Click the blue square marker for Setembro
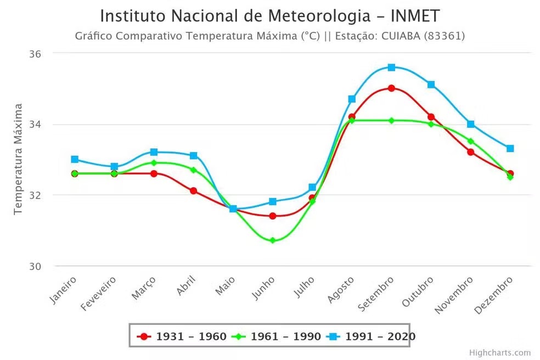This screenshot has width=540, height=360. pyautogui.click(x=391, y=67)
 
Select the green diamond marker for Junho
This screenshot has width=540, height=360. pyautogui.click(x=273, y=240)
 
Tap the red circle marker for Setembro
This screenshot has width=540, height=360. pyautogui.click(x=391, y=88)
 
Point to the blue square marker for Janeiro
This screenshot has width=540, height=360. pyautogui.click(x=75, y=159)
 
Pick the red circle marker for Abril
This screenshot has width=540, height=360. pyautogui.click(x=193, y=191)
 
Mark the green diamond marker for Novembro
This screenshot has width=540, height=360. pyautogui.click(x=470, y=141)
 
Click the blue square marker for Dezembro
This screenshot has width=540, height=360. pyautogui.click(x=510, y=148)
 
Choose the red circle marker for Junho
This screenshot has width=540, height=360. pyautogui.click(x=273, y=216)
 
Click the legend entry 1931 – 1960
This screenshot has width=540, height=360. pyautogui.click(x=183, y=336)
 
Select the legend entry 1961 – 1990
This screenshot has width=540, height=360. pyautogui.click(x=277, y=336)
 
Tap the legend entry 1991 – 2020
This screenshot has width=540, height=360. pyautogui.click(x=372, y=336)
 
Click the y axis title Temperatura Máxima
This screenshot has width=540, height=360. pyautogui.click(x=18, y=159)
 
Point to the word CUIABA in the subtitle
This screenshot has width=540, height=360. pyautogui.click(x=404, y=36)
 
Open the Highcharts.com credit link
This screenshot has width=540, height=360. pyautogui.click(x=500, y=352)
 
